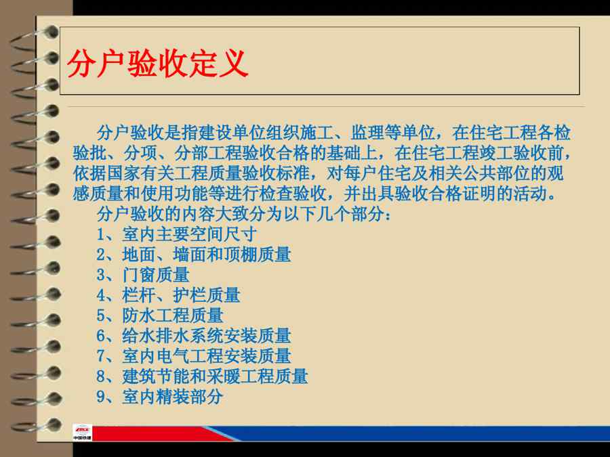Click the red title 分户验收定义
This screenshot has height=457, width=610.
(x=157, y=64)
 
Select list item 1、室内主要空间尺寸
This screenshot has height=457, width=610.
(x=177, y=234)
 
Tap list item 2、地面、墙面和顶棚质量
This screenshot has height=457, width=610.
(x=194, y=255)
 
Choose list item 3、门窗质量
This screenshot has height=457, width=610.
(x=143, y=275)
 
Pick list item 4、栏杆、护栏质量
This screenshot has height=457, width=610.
(x=168, y=295)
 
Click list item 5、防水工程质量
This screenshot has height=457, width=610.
(x=159, y=315)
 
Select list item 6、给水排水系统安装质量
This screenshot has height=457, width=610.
(x=194, y=335)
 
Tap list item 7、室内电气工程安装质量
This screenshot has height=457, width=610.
(x=194, y=355)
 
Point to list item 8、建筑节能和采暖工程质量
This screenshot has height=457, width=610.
(x=202, y=376)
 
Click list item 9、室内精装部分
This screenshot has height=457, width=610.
(x=159, y=396)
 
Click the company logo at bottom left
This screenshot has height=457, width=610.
(x=82, y=432)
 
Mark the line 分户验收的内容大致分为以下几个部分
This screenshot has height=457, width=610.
(x=243, y=214)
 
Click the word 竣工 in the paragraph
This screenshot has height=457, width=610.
(x=496, y=153)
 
